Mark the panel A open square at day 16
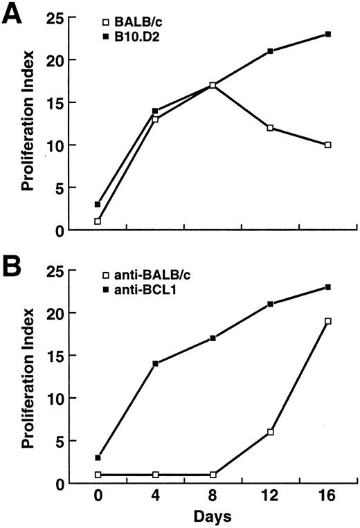pos(327,145)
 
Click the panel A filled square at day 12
pos(269,51)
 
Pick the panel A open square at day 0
pos(97,221)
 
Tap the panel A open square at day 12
pos(269,127)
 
